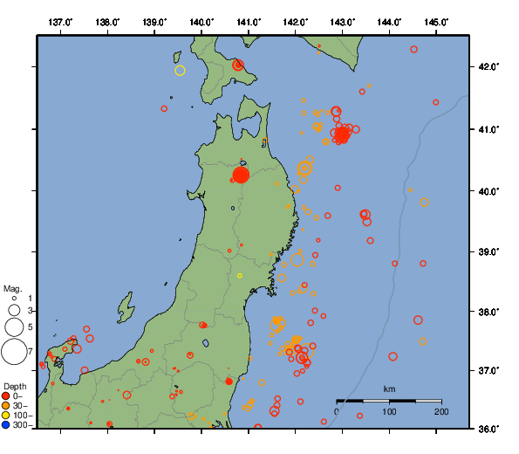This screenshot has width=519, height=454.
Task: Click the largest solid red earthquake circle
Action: point(241,175)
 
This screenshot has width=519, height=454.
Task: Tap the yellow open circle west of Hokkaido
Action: point(181,71)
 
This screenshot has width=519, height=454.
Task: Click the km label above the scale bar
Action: point(389,389)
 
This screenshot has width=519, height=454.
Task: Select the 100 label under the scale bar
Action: point(389,411)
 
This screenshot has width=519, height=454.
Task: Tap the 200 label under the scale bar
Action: point(440,411)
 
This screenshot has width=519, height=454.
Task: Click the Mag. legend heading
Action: point(12,288)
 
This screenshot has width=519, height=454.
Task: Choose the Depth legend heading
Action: point(14,386)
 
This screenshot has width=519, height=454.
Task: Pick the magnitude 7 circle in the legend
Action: point(14,351)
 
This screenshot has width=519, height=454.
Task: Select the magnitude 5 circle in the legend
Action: point(14,327)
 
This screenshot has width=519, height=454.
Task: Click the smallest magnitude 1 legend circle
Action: point(14,299)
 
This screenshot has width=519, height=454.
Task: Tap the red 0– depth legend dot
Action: point(6,396)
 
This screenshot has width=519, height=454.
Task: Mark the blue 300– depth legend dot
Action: point(6,425)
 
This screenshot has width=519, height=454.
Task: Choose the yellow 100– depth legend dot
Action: point(6,416)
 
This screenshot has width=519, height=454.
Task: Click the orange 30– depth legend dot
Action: point(6,406)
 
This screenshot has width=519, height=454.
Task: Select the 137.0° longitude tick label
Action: point(60,22)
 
